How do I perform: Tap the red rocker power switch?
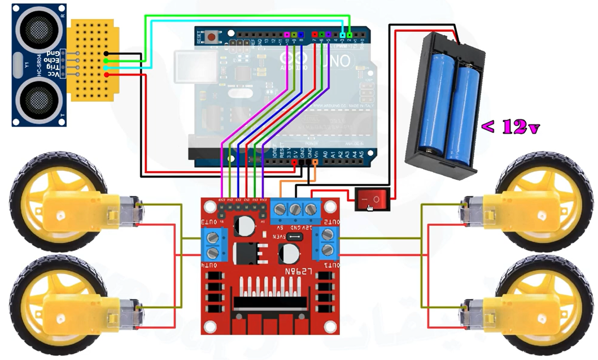point(372,199)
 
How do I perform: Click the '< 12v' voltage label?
point(510,128)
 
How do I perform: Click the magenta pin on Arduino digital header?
point(287,34)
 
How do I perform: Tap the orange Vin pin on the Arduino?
point(315,162)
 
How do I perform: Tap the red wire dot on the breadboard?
point(106,74)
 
